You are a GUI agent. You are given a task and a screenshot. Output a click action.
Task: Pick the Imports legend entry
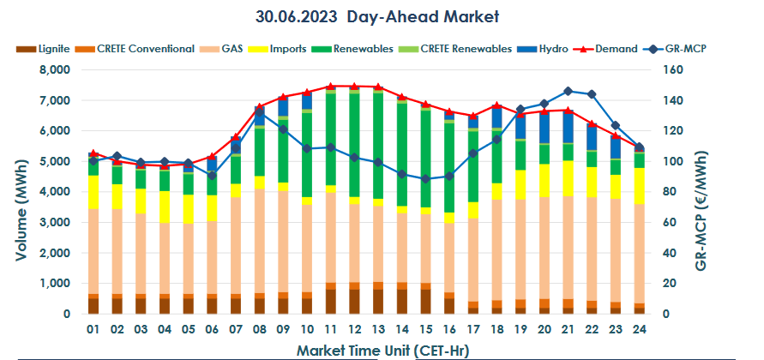tap(287, 49)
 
